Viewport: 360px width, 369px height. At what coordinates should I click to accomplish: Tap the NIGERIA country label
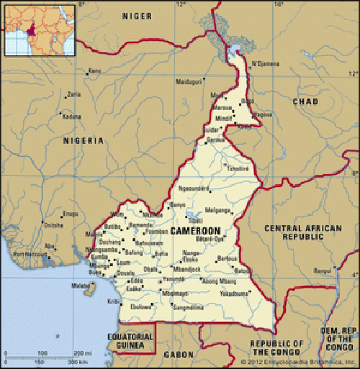coord(83,141)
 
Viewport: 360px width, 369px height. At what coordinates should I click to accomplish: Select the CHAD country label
coord(306,102)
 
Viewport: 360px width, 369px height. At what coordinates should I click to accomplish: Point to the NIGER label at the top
coord(137,16)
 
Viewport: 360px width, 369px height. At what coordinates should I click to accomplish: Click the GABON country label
coord(179,355)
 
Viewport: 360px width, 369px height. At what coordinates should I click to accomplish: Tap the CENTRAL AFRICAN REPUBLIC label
coord(302,232)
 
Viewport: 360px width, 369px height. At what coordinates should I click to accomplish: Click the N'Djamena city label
coord(265,64)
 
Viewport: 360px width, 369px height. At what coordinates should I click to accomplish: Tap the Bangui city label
coord(323,271)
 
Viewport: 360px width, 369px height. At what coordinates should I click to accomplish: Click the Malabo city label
coord(80,285)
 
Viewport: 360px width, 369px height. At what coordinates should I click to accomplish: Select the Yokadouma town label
coord(234,293)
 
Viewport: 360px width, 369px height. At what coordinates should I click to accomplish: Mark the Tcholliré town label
coord(238,169)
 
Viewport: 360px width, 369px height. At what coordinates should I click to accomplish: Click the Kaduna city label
coord(72,116)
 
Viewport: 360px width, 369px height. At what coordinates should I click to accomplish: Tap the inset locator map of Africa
coord(40,30)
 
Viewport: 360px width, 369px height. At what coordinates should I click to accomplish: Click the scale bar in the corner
coord(49,358)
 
